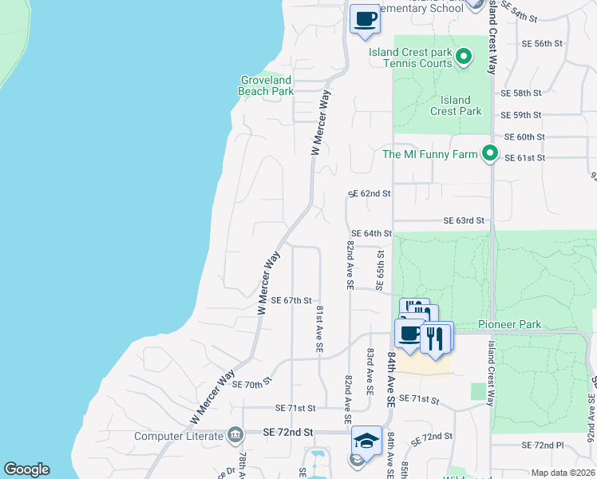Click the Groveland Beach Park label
click(266, 85)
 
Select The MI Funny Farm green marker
click(490, 154)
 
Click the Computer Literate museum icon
click(235, 435)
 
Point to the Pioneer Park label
click(510, 324)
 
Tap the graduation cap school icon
click(366, 440)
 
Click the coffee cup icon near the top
click(366, 18)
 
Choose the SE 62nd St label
click(370, 194)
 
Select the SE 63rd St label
click(465, 220)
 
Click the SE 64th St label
click(372, 233)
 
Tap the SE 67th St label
click(291, 300)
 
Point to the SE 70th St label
click(253, 384)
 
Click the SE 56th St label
click(543, 44)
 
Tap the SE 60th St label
click(524, 137)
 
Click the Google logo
click(26, 469)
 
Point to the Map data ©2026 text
click(563, 473)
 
